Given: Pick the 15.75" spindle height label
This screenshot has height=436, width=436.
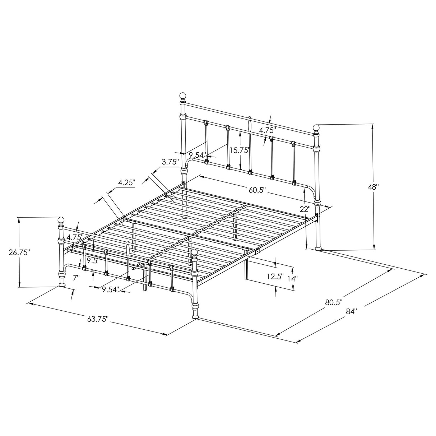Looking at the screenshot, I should coord(240,150).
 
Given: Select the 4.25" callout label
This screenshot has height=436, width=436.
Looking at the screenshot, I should coord(126,182).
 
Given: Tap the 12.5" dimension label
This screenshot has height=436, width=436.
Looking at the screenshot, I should coord(275,277).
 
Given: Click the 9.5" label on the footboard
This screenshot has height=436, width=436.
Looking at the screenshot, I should coord(93,260).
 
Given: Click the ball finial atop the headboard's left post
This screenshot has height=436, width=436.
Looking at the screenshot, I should coord(183,96).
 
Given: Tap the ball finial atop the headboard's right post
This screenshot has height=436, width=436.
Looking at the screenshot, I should coord(316,127).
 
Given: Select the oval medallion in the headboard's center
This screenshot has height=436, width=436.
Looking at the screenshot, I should coord(250,125).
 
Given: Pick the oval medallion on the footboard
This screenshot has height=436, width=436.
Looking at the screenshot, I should coord(127,249).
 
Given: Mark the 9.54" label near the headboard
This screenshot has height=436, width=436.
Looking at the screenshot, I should coord(198,155).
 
